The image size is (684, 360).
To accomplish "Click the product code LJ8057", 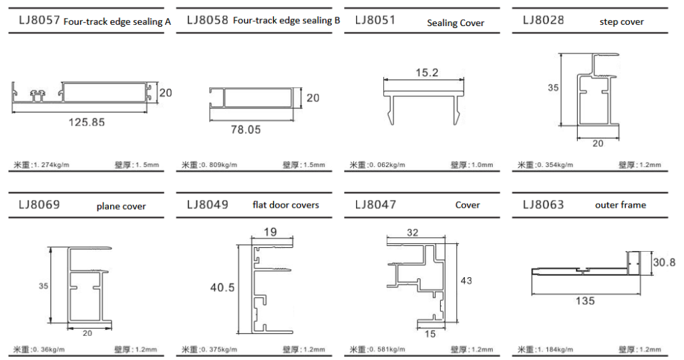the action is [39, 20].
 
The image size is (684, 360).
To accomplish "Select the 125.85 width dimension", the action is [86, 122].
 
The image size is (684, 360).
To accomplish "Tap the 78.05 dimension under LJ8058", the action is [246, 130].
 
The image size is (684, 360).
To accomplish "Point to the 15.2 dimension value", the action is [427, 72].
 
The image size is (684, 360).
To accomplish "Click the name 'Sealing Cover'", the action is [456, 23].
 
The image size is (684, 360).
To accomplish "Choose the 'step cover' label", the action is [622, 22].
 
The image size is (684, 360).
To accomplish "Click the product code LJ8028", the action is [543, 20].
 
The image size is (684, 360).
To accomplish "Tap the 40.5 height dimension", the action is [222, 288].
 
